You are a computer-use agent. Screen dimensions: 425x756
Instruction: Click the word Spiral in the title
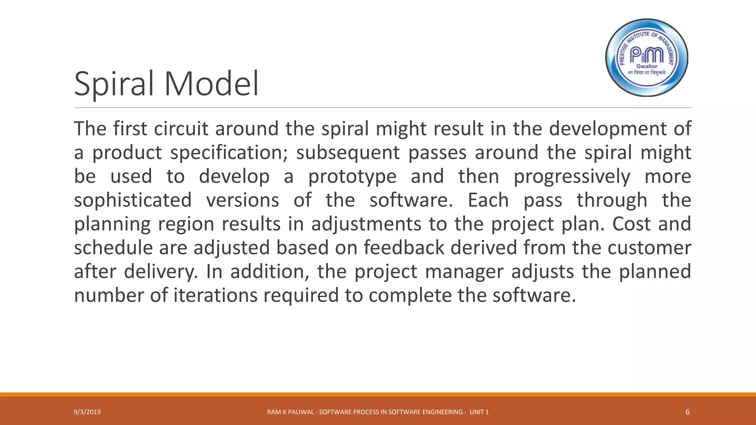[113, 84]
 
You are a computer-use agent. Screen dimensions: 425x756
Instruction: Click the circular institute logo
[647, 58]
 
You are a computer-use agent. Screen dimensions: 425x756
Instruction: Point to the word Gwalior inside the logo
[647, 66]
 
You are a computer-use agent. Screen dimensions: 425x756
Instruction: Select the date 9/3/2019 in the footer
[87, 412]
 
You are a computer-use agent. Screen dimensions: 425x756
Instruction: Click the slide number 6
[687, 412]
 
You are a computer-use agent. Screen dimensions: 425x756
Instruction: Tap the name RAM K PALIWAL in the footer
[291, 412]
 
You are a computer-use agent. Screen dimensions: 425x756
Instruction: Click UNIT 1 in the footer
[479, 412]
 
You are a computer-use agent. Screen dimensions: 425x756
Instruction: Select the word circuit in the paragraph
[181, 129]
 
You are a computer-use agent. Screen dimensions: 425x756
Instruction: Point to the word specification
[229, 153]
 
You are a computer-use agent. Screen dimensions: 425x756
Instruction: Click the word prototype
[352, 177]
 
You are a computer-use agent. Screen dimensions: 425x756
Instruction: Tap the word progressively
[572, 177]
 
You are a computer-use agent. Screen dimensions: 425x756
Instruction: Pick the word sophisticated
[133, 200]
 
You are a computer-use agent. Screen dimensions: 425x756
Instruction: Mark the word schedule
[113, 248]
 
